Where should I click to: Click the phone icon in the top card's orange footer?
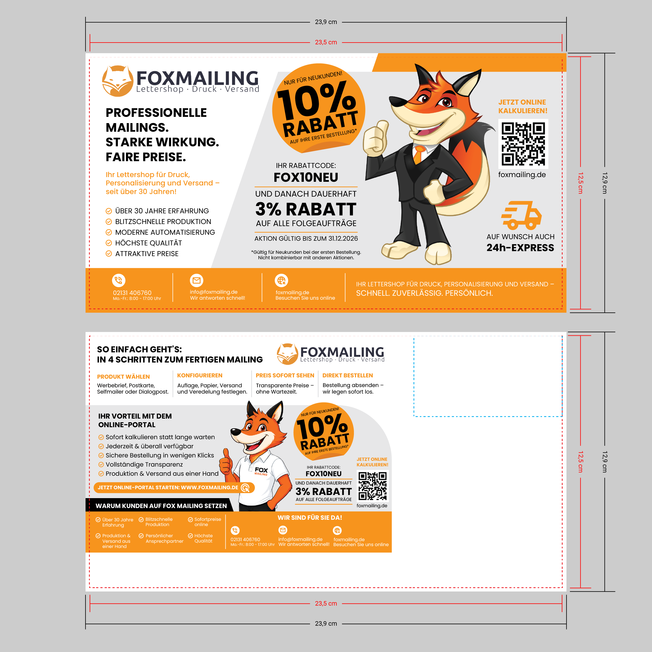[x=119, y=280]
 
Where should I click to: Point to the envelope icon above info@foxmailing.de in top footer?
[x=196, y=280]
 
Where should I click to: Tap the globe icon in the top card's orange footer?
[x=281, y=280]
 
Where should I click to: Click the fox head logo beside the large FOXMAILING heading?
[x=117, y=81]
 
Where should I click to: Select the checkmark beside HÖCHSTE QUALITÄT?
[x=109, y=243]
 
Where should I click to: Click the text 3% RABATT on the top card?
[x=306, y=209]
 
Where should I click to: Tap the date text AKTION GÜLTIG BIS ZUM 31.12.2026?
[x=306, y=239]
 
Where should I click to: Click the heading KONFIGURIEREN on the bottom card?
[x=200, y=376]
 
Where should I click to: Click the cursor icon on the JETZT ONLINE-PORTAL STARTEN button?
[x=246, y=488]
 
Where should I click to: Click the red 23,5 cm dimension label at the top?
[x=326, y=43]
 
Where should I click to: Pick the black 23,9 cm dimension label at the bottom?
[x=326, y=624]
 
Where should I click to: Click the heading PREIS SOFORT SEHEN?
[x=285, y=376]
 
